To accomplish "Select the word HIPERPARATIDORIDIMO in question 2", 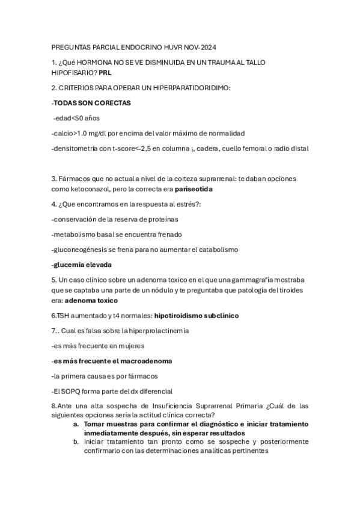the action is [189, 88].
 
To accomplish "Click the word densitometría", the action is [76, 148].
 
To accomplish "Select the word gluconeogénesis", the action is [84, 249].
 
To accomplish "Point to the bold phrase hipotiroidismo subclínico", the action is [197, 315].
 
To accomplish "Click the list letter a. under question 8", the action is [76, 424].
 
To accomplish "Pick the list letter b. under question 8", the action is [76, 441].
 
